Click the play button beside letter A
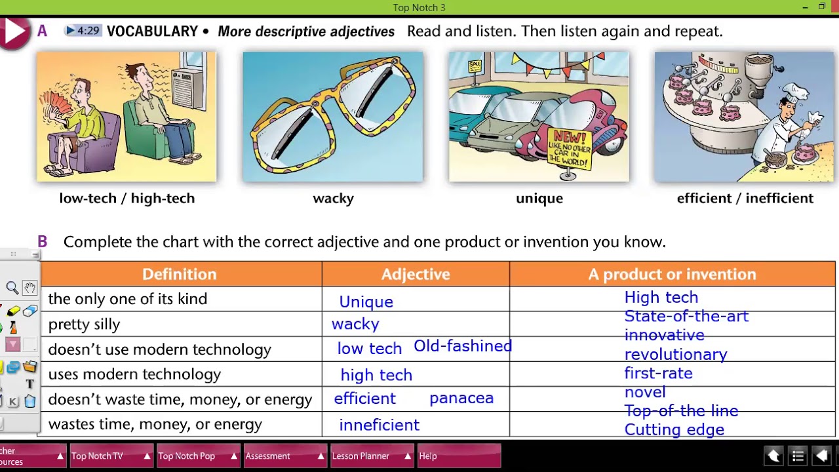14,31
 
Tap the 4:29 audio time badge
83,31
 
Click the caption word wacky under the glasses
333,198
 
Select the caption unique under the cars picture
539,198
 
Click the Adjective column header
416,274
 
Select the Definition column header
179,274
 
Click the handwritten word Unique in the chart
366,302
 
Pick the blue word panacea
461,398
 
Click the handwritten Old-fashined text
463,346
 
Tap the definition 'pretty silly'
84,324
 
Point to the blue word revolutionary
676,354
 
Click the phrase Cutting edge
674,429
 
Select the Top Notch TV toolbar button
109,456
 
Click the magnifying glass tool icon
12,288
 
